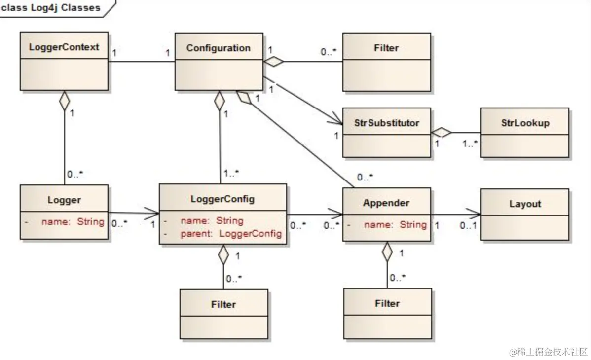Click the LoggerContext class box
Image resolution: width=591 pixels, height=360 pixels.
pyautogui.click(x=64, y=62)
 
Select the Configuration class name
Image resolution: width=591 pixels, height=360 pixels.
pyautogui.click(x=219, y=48)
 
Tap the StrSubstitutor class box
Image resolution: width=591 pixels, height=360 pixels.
pyautogui.click(x=386, y=133)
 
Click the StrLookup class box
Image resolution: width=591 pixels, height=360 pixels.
pyautogui.click(x=525, y=133)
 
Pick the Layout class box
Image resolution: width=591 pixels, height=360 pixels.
pyautogui.click(x=525, y=215)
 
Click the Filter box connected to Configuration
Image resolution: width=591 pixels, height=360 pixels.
pyautogui.click(x=386, y=62)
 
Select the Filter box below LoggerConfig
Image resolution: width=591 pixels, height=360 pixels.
pyautogui.click(x=223, y=314)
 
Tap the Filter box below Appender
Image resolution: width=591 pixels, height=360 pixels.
pyautogui.click(x=387, y=313)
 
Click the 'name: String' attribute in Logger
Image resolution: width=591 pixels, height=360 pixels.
pyautogui.click(x=73, y=221)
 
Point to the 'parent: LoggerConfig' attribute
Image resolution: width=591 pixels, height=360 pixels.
pyautogui.click(x=231, y=233)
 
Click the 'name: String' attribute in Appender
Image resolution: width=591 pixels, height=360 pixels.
pyautogui.click(x=395, y=224)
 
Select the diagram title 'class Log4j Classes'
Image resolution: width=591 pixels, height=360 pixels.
pyautogui.click(x=51, y=8)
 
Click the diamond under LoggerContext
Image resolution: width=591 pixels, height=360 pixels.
pyautogui.click(x=64, y=102)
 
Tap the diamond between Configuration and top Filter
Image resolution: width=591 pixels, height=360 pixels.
pyautogui.click(x=274, y=62)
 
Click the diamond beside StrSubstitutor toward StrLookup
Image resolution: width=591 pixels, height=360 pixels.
pyautogui.click(x=441, y=132)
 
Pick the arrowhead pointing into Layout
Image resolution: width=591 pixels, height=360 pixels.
pyautogui.click(x=474, y=215)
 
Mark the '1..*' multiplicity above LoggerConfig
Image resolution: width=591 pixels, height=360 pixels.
pyautogui.click(x=230, y=173)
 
